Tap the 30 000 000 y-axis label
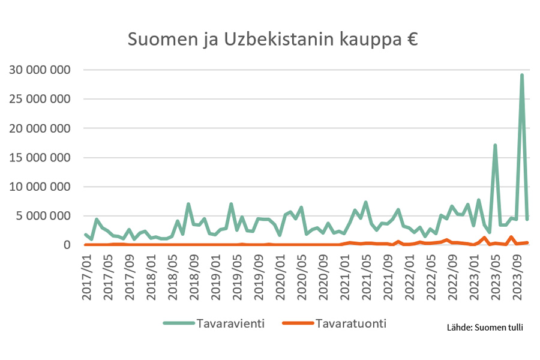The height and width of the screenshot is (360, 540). pyautogui.click(x=41, y=70)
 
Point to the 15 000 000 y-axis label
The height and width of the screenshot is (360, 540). pyautogui.click(x=41, y=158)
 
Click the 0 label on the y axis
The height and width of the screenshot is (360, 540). pyautogui.click(x=68, y=245)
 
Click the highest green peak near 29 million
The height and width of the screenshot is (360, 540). pyautogui.click(x=522, y=75)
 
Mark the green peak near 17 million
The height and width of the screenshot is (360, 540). pyautogui.click(x=495, y=145)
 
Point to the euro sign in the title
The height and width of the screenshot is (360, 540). pyautogui.click(x=411, y=40)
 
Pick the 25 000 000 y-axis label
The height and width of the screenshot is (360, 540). pyautogui.click(x=41, y=100)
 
